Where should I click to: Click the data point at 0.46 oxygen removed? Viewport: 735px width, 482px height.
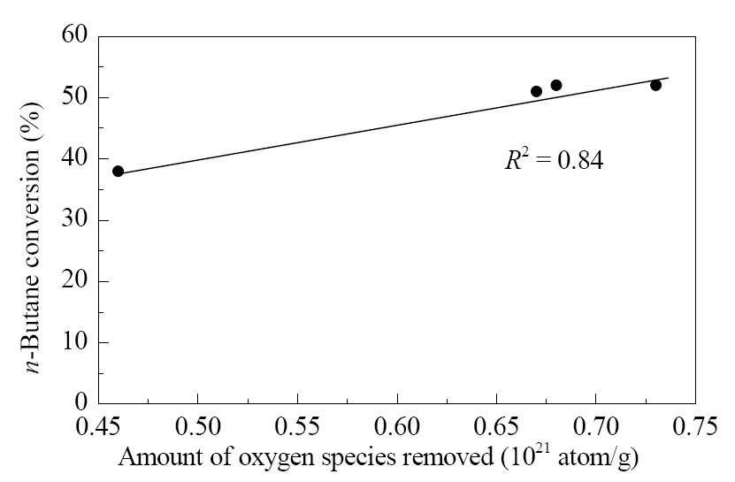[x=119, y=172]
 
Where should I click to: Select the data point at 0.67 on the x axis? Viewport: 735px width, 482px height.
[x=537, y=91]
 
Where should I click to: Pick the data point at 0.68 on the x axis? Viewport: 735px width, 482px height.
[x=556, y=85]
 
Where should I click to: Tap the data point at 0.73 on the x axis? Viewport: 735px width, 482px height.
[x=655, y=85]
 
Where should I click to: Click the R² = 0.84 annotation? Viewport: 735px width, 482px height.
[x=554, y=160]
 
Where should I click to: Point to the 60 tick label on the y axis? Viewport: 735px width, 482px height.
[x=74, y=34]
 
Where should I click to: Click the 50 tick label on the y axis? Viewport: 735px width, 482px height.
[x=74, y=97]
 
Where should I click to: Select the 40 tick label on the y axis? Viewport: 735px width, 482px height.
[x=74, y=158]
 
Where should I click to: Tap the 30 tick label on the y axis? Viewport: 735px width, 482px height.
[x=74, y=219]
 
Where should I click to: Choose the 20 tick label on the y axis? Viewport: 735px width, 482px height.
[x=74, y=280]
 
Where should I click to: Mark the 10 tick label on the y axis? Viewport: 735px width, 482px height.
[x=74, y=341]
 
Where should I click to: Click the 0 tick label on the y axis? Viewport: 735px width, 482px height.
[x=81, y=402]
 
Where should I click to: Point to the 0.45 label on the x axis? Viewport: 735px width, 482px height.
[x=98, y=426]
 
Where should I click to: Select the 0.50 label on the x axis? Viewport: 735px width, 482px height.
[x=198, y=426]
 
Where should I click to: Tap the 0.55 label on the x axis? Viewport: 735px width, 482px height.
[x=297, y=426]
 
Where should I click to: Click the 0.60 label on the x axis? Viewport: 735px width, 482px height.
[x=397, y=426]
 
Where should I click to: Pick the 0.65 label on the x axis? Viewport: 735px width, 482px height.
[x=496, y=426]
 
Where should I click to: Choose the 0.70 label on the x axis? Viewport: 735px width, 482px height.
[x=596, y=426]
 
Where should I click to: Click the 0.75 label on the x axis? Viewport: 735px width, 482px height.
[x=695, y=426]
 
